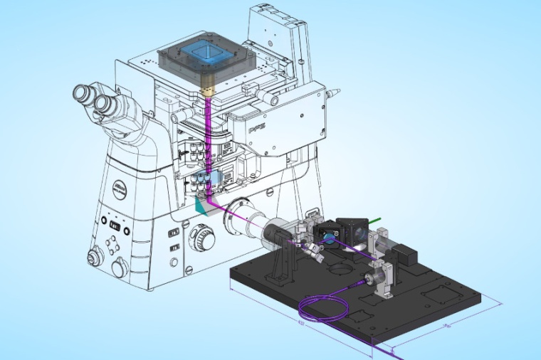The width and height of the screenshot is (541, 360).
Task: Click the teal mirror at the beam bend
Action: pos(203,206)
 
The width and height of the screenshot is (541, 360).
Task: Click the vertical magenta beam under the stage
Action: pos(207,142)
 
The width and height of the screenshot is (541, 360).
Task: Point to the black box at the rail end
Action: pos(406,253)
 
